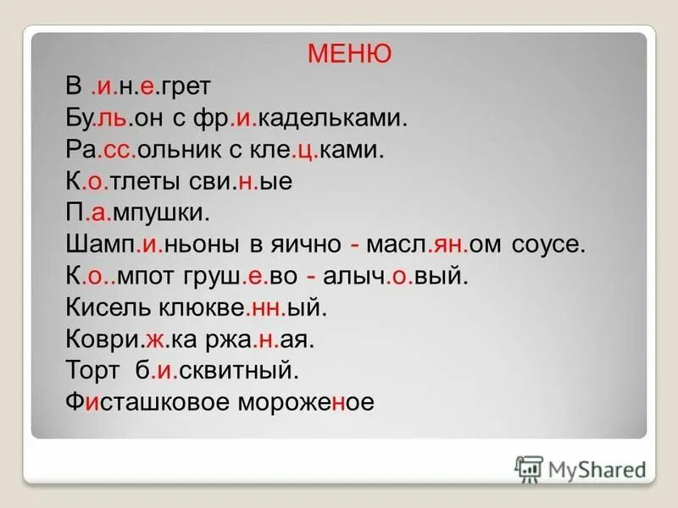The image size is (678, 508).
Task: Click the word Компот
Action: pyautogui.click(x=119, y=276)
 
